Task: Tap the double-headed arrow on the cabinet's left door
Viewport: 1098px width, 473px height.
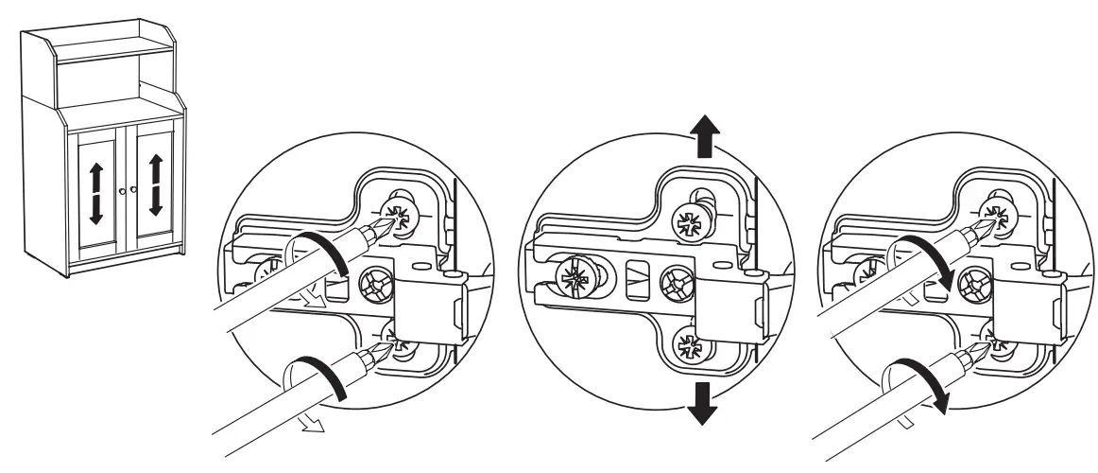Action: [x=95, y=192]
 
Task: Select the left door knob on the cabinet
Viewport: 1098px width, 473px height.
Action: [x=122, y=191]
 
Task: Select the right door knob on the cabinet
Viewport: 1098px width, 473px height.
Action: [x=134, y=191]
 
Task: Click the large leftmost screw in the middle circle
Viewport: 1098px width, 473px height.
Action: [x=576, y=279]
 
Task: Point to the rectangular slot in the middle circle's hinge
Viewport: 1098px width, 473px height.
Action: [x=634, y=279]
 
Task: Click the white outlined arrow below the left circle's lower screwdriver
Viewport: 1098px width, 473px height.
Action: [x=308, y=424]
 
